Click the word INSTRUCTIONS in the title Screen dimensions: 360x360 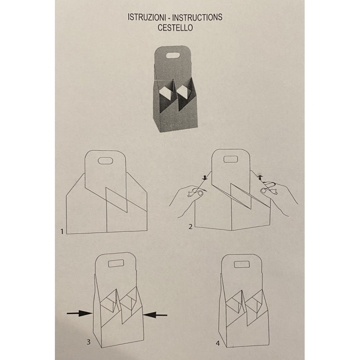coord(197,17)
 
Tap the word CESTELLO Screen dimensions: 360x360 coord(175,27)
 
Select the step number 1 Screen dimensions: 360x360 coord(62,231)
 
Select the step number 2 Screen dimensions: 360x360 coord(190,227)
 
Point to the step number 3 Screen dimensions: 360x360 coord(88,342)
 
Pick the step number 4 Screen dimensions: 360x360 coord(218,343)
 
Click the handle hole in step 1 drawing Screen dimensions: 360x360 coord(105,161)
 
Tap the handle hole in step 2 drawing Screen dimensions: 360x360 coord(230,159)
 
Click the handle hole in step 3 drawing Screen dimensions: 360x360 coord(116,263)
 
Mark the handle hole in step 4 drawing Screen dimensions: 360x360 coord(242,264)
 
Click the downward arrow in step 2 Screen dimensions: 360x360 coord(205,177)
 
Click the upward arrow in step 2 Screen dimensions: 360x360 coord(260,177)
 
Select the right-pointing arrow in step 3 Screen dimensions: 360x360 coord(80,313)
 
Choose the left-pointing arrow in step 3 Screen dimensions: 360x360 coord(155,315)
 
